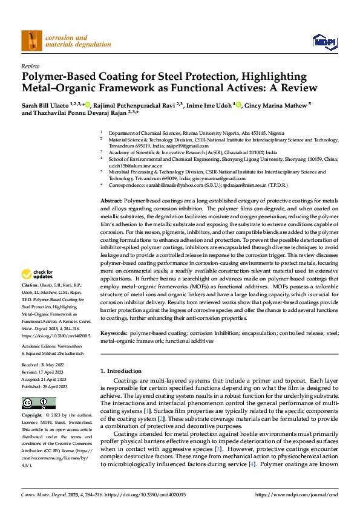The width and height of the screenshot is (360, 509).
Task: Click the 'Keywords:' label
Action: [x=113, y=333]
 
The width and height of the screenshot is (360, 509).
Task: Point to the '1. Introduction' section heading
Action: [x=120, y=371]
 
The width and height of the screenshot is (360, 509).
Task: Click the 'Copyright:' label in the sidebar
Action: [x=32, y=416]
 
